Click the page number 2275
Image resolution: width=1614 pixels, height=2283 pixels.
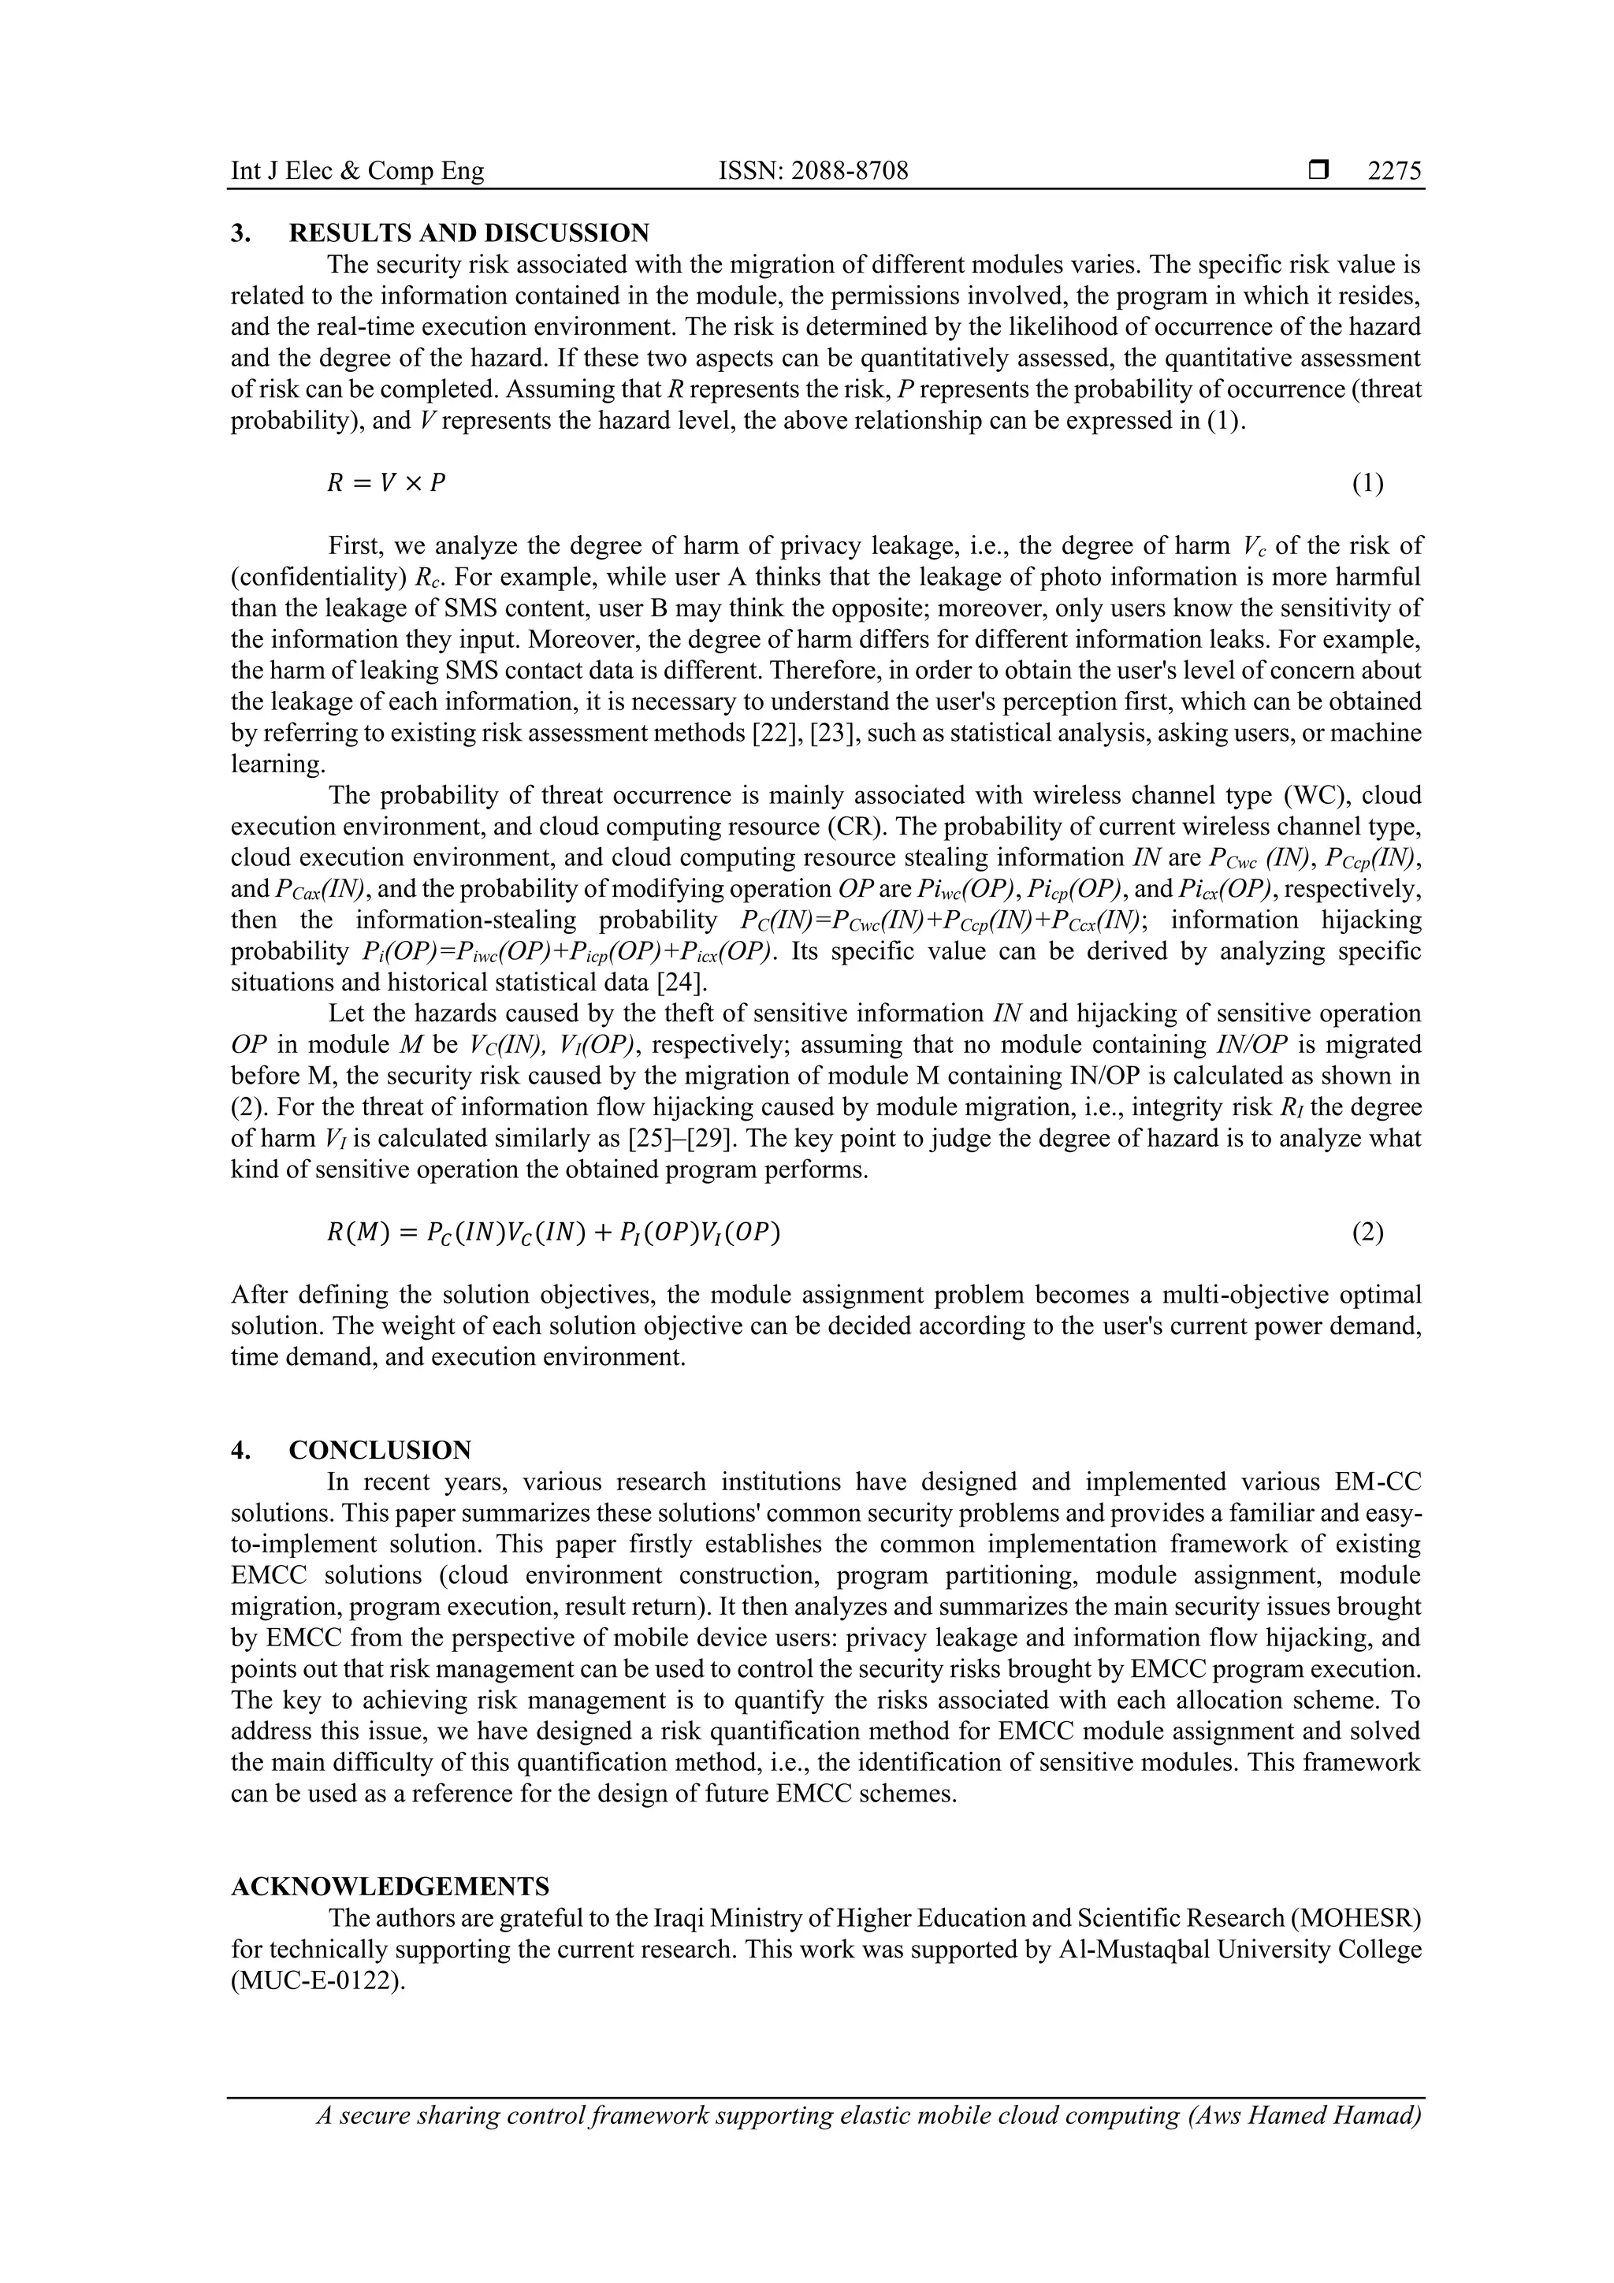pyautogui.click(x=1394, y=171)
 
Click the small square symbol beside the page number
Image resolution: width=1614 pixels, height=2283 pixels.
pyautogui.click(x=1318, y=171)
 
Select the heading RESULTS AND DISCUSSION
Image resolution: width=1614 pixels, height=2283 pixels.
pyautogui.click(x=468, y=234)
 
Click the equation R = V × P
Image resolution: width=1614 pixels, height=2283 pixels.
pyautogui.click(x=387, y=483)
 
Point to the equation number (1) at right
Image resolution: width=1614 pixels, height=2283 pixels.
pyautogui.click(x=1367, y=483)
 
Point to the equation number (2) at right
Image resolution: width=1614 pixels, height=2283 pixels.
pyautogui.click(x=1367, y=1233)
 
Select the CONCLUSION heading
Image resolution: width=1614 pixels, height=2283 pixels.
pyautogui.click(x=380, y=1450)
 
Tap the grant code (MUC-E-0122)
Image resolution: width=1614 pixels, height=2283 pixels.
pyautogui.click(x=319, y=1980)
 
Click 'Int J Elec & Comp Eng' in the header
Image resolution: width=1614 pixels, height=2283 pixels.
pyautogui.click(x=357, y=171)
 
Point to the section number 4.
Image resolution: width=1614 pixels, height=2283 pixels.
pyautogui.click(x=239, y=1450)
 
